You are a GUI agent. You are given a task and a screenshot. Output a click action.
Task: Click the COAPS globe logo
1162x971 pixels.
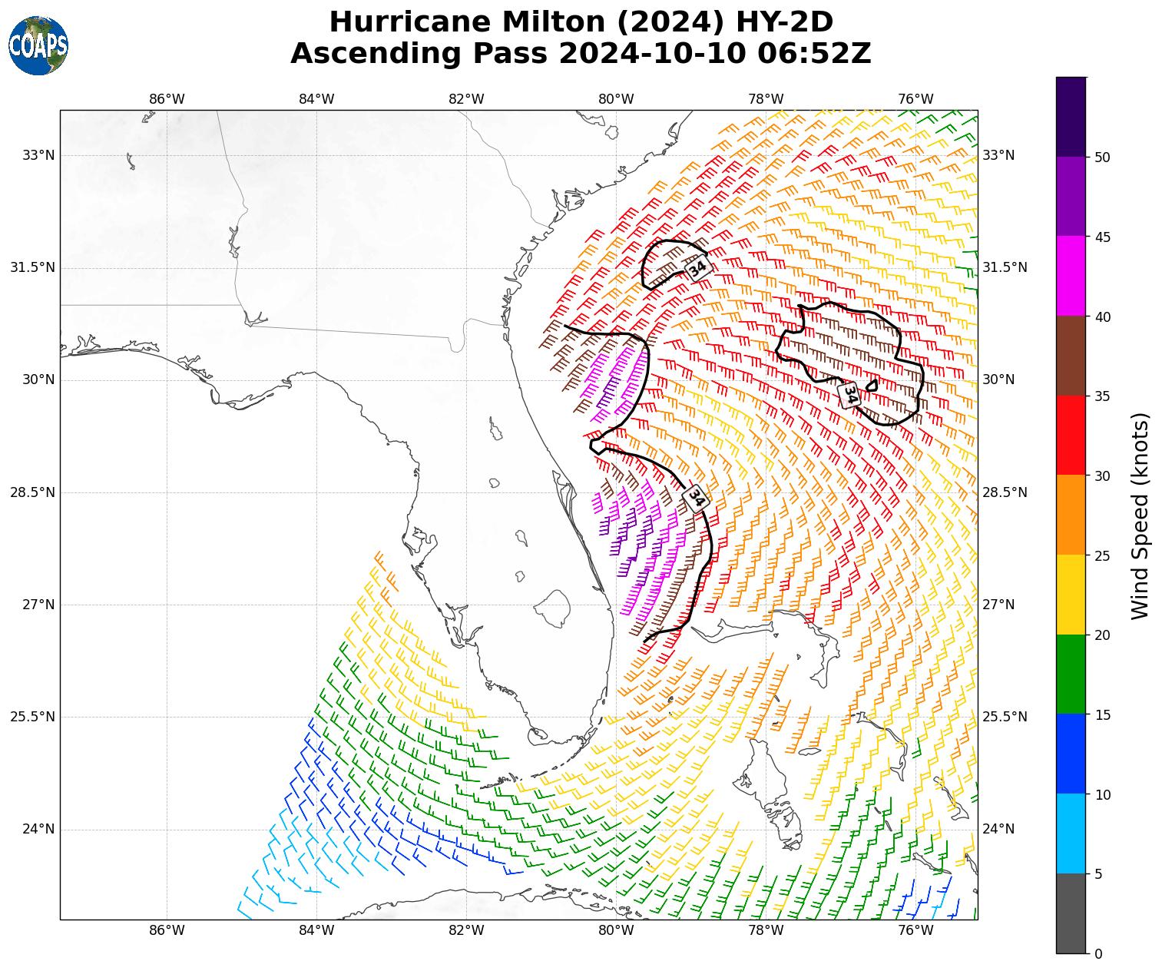pyautogui.click(x=38, y=45)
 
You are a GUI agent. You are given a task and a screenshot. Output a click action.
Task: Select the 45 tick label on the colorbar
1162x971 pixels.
pyautogui.click(x=1103, y=237)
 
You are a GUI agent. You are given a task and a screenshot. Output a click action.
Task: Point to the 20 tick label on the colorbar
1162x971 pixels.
pyautogui.click(x=1103, y=635)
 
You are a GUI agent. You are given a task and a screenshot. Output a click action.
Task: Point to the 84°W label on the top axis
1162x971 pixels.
pyautogui.click(x=316, y=99)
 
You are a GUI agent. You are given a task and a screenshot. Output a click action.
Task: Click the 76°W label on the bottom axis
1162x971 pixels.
pyautogui.click(x=915, y=931)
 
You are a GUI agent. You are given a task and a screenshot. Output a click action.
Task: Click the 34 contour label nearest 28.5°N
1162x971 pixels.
pyautogui.click(x=695, y=497)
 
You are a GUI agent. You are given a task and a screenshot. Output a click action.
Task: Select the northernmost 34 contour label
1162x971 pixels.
pyautogui.click(x=697, y=269)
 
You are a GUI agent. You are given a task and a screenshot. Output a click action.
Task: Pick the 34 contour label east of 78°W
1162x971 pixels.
pyautogui.click(x=849, y=395)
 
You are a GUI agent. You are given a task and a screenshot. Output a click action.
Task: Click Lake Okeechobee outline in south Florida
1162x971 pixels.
pyautogui.click(x=551, y=607)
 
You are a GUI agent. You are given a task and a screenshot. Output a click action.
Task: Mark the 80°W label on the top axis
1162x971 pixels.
pyautogui.click(x=616, y=99)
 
